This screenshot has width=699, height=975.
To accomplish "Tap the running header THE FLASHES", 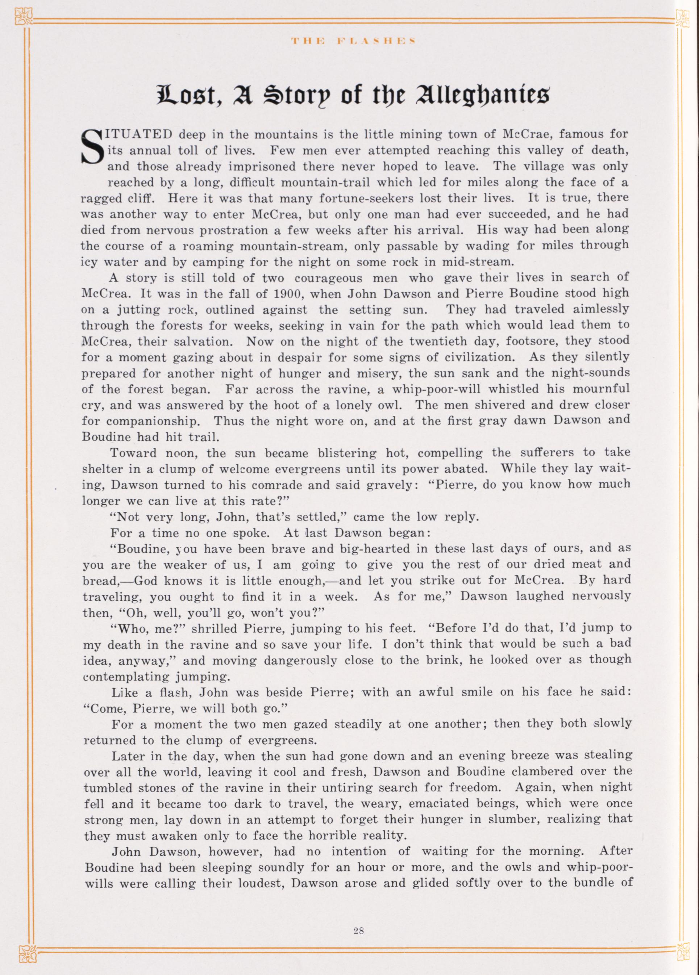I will [x=352, y=41].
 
